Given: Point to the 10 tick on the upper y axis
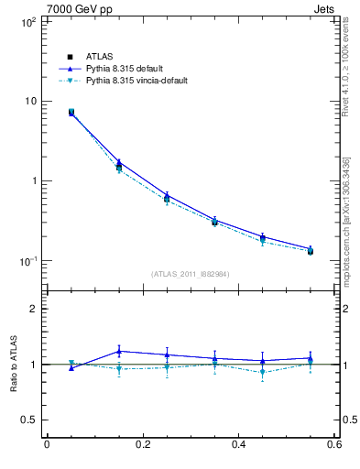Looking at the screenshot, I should tap(30, 101).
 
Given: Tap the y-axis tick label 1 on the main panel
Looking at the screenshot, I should tap(33, 180).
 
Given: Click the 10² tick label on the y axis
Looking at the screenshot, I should tap(28, 20).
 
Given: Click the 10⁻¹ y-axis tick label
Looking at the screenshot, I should tap(28, 261).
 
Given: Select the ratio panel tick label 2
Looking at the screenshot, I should tap(33, 309).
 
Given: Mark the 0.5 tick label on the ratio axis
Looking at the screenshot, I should tap(28, 420).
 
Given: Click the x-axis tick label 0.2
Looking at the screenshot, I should tap(142, 444).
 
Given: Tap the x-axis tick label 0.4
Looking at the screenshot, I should tap(238, 444).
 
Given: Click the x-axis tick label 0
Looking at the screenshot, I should tap(47, 444).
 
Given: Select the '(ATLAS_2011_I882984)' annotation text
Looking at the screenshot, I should tap(191, 274).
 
